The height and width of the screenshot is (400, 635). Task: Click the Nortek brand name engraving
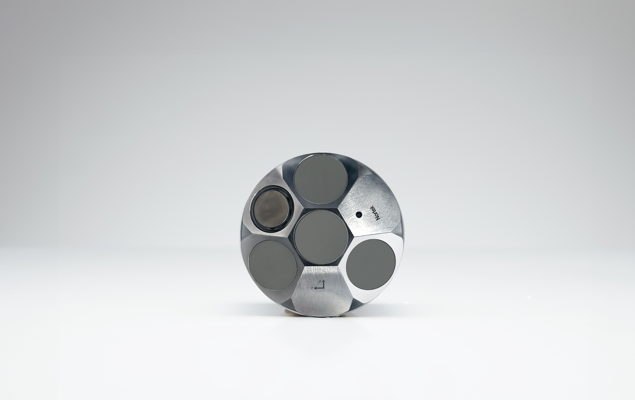click(x=376, y=213)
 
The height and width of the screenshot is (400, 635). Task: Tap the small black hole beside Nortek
click(x=359, y=215)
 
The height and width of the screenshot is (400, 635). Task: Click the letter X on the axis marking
click(x=320, y=281)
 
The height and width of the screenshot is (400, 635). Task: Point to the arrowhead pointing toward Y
click(x=316, y=288)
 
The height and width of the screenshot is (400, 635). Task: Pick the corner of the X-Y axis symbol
click(x=324, y=288)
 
